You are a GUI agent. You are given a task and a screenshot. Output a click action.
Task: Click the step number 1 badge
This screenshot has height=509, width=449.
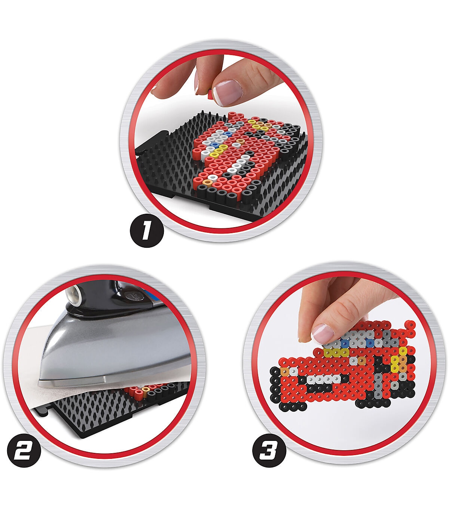pyautogui.click(x=147, y=230)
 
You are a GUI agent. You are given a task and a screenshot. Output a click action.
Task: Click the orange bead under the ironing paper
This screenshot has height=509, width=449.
pyautogui.click(x=145, y=390)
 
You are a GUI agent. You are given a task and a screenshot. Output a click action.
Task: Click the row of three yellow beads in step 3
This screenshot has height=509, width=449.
pyautogui.click(x=336, y=353)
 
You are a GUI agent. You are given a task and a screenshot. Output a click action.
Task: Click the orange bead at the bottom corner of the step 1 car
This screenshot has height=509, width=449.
pyautogui.click(x=207, y=182)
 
